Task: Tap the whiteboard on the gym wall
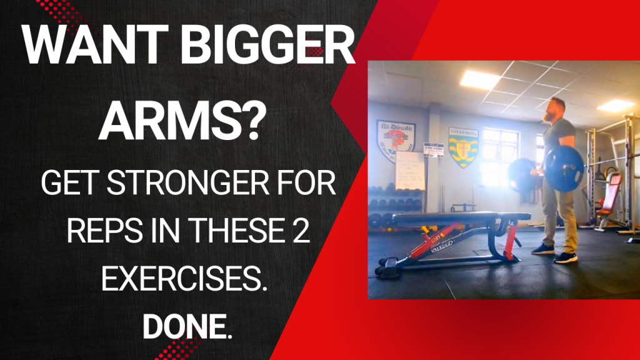click(x=411, y=169)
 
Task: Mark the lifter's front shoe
click(x=565, y=256)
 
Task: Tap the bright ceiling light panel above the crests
click(x=479, y=79)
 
